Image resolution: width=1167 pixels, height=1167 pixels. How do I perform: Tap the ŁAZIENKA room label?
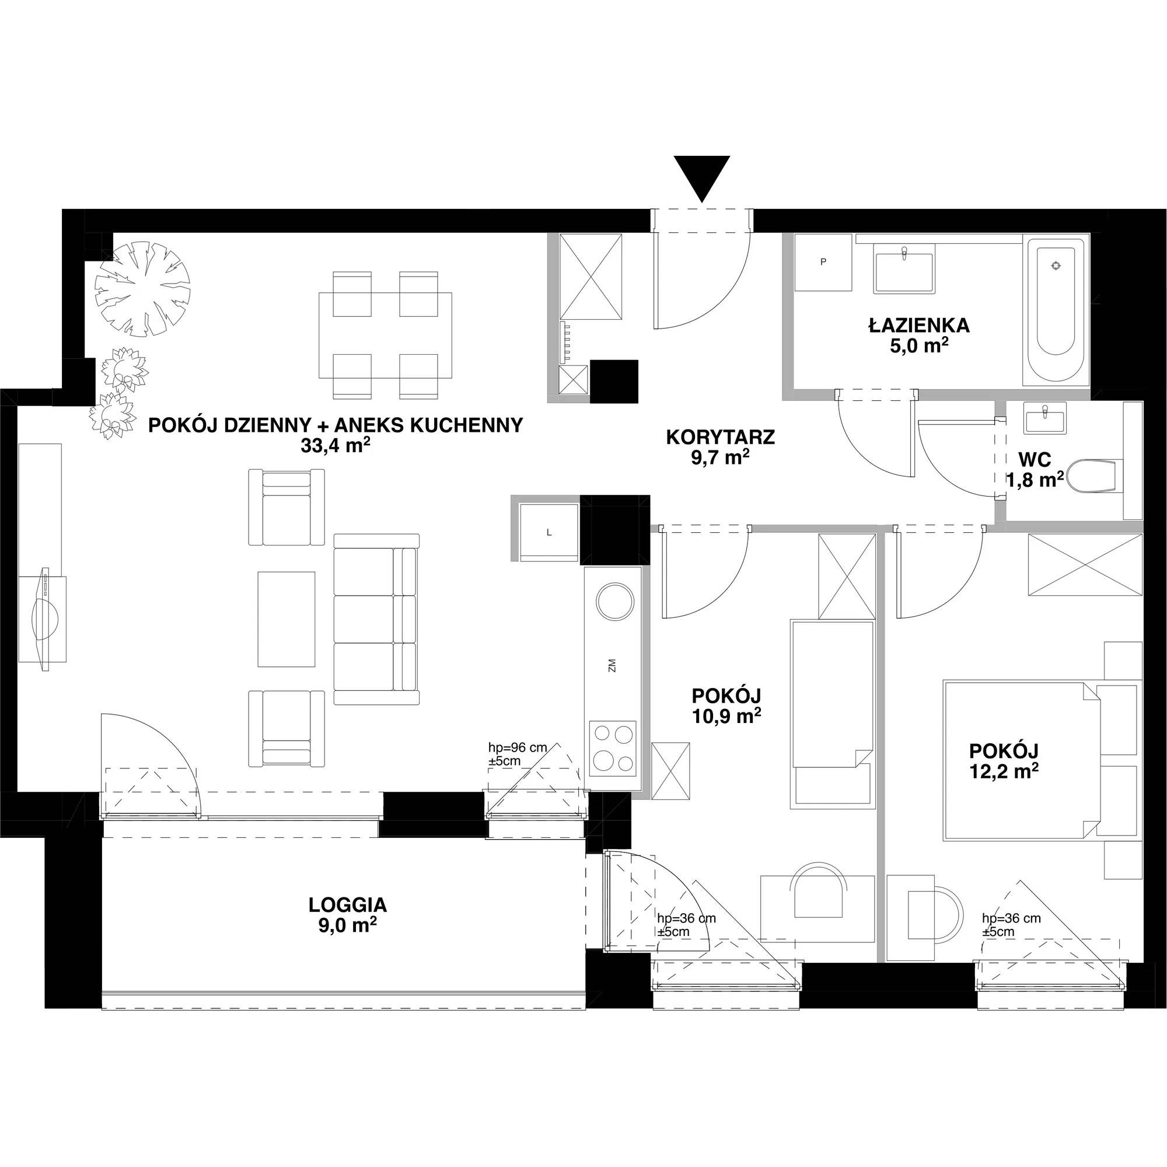click(x=920, y=326)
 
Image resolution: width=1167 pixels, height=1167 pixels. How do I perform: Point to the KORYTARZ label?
click(x=720, y=436)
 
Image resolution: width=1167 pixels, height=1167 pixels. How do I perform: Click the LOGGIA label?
click(x=347, y=905)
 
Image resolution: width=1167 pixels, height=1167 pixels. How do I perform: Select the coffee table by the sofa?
click(x=286, y=619)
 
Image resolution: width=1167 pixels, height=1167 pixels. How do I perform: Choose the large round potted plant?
click(x=142, y=289)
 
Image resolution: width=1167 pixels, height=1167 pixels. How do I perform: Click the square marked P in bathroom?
click(x=823, y=262)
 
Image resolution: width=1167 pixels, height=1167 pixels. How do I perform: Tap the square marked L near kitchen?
click(x=548, y=532)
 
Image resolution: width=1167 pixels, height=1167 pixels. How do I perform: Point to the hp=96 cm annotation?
click(x=518, y=747)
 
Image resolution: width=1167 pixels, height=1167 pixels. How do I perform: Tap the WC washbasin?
click(x=1046, y=418)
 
